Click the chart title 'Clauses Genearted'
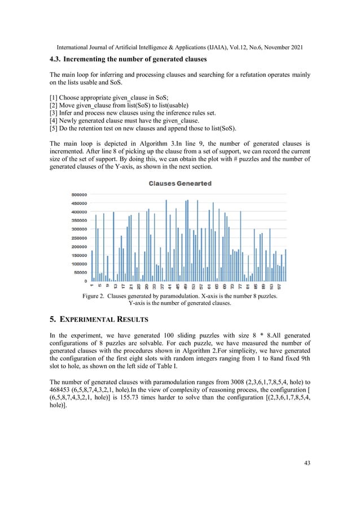pyautogui.click(x=180, y=184)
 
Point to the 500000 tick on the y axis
pyautogui.click(x=78, y=194)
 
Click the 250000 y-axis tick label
pyautogui.click(x=78, y=238)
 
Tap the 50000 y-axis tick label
pyautogui.click(x=80, y=272)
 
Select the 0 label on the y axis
pyautogui.click(x=85, y=281)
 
